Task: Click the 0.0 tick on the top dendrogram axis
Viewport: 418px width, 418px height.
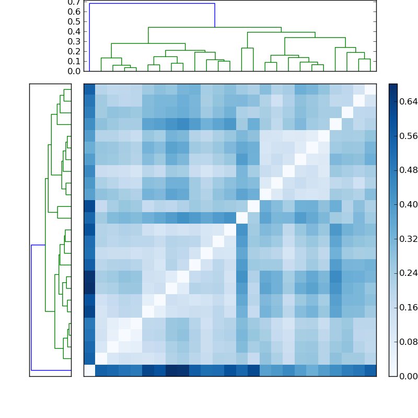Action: tap(75, 71)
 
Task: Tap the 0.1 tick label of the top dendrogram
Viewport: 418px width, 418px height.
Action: tap(75, 61)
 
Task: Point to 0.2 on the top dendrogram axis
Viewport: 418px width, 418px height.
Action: tap(75, 51)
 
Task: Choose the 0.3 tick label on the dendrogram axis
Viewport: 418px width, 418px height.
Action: tap(75, 42)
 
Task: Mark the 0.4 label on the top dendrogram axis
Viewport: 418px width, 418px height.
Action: tap(75, 32)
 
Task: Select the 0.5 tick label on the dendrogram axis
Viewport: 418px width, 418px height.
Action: tap(75, 22)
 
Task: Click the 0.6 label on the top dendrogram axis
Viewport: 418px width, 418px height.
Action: tap(75, 12)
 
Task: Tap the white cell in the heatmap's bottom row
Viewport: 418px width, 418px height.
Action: tap(89, 370)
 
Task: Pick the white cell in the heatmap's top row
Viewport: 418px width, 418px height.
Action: tap(370, 89)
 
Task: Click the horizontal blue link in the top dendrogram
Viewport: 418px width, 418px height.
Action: tap(152, 4)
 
